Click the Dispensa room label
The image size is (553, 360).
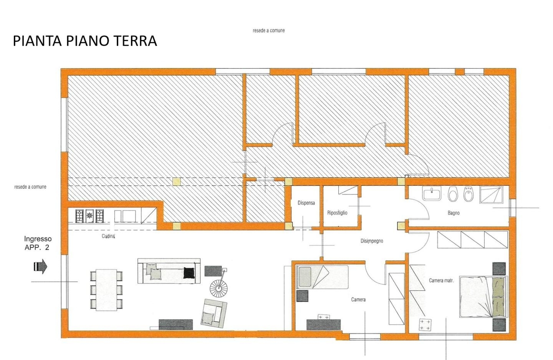(306, 203)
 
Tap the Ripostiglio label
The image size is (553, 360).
(337, 213)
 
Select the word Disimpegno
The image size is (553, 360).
(372, 241)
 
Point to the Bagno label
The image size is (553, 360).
(454, 213)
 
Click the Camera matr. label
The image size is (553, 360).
(441, 280)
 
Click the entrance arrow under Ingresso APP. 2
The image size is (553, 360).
(40, 266)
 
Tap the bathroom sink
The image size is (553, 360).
(432, 193)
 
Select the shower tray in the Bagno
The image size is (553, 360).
(491, 195)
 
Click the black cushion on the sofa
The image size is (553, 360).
(189, 272)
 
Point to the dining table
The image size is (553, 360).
(106, 290)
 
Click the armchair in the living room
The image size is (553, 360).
(214, 313)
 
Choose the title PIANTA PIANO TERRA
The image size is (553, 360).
(85, 41)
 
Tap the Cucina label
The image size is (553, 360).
(108, 236)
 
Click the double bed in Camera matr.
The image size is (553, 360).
(483, 297)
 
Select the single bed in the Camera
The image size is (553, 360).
(322, 277)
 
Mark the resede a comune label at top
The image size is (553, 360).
(268, 31)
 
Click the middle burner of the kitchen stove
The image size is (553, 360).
(89, 216)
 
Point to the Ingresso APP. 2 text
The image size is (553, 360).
(38, 243)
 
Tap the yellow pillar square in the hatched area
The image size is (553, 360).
(177, 182)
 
